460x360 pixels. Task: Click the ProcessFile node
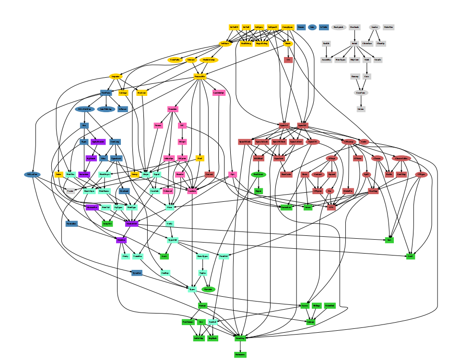[200, 76]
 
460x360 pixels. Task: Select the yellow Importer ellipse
[116, 76]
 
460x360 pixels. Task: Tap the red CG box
[288, 60]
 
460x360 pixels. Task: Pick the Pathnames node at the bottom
[240, 354]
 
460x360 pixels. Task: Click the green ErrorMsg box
[240, 338]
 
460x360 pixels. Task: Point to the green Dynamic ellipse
[208, 289]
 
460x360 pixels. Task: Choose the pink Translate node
[173, 109]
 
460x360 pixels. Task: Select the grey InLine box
[360, 109]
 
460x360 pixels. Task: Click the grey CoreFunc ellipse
[361, 93]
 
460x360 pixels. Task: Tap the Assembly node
[326, 60]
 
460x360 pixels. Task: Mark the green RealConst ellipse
[258, 174]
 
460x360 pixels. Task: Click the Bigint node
[258, 191]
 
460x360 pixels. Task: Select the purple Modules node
[121, 240]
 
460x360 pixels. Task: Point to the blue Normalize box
[72, 223]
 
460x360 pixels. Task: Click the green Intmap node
[311, 322]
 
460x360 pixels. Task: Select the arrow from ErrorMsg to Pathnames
[240, 346]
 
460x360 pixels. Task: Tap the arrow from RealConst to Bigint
[258, 183]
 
